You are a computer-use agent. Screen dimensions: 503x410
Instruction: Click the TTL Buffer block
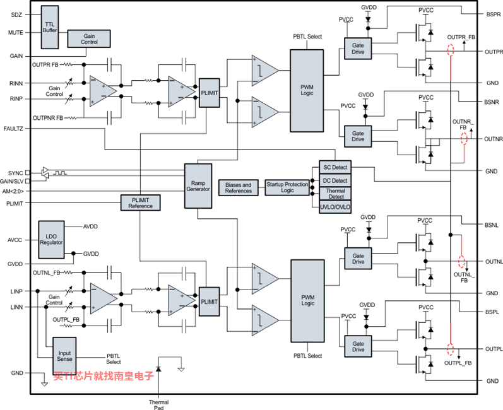[x=50, y=27]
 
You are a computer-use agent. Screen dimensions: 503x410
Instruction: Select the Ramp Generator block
[x=198, y=186]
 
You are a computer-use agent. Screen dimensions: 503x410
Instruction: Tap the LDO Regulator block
[x=51, y=240]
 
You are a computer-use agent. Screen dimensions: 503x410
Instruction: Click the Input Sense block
[x=64, y=356]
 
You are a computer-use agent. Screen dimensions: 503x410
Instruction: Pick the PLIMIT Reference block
[x=141, y=202]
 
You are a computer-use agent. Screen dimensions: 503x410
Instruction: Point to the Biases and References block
[x=239, y=187]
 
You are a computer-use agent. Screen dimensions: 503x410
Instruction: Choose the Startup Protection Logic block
[x=287, y=187]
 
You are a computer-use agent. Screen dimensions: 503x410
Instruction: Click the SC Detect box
[x=335, y=167]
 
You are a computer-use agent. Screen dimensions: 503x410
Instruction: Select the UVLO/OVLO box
[x=335, y=207]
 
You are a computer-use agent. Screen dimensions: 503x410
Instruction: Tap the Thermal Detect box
[x=335, y=194]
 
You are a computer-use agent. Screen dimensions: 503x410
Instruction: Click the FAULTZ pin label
[x=13, y=129]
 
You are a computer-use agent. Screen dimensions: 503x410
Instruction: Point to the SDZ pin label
[x=16, y=15]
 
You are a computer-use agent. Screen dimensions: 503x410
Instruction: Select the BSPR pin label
[x=494, y=15]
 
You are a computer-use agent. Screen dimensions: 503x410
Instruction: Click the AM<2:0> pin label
[x=13, y=191]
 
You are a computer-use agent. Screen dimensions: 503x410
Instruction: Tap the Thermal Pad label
[x=158, y=405]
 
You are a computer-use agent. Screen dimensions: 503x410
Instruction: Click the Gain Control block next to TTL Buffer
[x=89, y=38]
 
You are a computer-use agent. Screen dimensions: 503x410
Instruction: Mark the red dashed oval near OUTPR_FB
[x=451, y=50]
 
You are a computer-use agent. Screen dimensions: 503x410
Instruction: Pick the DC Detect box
[x=335, y=180]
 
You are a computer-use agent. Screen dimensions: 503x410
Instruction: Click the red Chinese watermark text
[x=104, y=376]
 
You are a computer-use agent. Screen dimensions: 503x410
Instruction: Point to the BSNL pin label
[x=492, y=225]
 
